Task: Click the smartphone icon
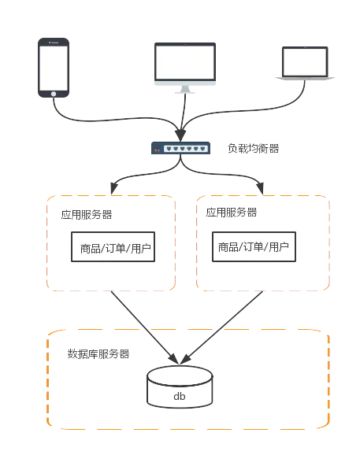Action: pyautogui.click(x=54, y=68)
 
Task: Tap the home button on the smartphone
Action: pyautogui.click(x=54, y=94)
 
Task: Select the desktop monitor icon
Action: pyautogui.click(x=185, y=68)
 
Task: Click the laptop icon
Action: pyautogui.click(x=305, y=63)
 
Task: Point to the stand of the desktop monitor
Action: pyautogui.click(x=185, y=90)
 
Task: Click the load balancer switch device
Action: pyautogui.click(x=180, y=148)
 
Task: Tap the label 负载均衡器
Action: pyautogui.click(x=253, y=149)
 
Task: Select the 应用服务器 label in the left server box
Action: pyautogui.click(x=87, y=215)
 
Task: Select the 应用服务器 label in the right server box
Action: pyautogui.click(x=232, y=213)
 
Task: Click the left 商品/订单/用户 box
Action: pyautogui.click(x=113, y=246)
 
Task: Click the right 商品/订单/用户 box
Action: pyautogui.click(x=254, y=246)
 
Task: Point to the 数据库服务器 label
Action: pyautogui.click(x=98, y=354)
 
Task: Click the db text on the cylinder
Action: pyautogui.click(x=180, y=396)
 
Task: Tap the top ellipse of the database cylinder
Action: pyautogui.click(x=180, y=375)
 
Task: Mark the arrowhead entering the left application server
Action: pyautogui.click(x=114, y=188)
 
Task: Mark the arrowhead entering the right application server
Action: pyautogui.click(x=260, y=188)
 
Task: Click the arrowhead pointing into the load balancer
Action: pyautogui.click(x=180, y=135)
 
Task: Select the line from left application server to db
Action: pyautogui.click(x=145, y=327)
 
